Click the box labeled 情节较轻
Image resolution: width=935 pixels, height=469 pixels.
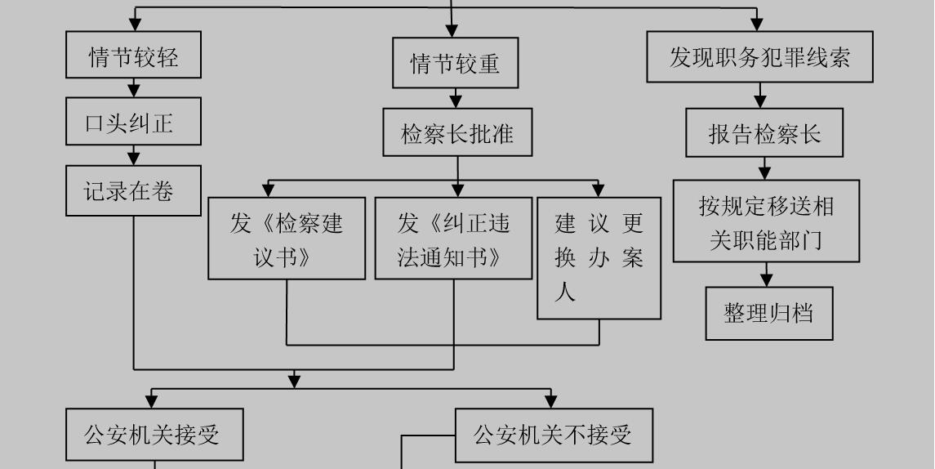(133, 56)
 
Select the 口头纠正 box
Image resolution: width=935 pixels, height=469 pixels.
(133, 122)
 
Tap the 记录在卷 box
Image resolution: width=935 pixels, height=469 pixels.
(133, 191)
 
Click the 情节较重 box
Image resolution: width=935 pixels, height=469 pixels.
(455, 63)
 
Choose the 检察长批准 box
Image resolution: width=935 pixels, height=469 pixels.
(457, 132)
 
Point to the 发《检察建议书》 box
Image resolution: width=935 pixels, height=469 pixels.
(287, 239)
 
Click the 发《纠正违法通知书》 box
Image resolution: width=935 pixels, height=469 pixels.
(453, 239)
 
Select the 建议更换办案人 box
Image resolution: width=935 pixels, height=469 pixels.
(599, 257)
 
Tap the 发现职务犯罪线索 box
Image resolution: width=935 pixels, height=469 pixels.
(759, 57)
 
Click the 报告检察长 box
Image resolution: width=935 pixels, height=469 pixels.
(764, 133)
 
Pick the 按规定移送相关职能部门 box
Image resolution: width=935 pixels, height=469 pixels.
(766, 221)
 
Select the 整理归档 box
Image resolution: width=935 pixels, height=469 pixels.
(769, 313)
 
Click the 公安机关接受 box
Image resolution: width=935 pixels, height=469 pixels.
(154, 435)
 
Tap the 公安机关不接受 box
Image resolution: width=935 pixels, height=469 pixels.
(554, 435)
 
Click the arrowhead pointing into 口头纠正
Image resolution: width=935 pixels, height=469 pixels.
(134, 91)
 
